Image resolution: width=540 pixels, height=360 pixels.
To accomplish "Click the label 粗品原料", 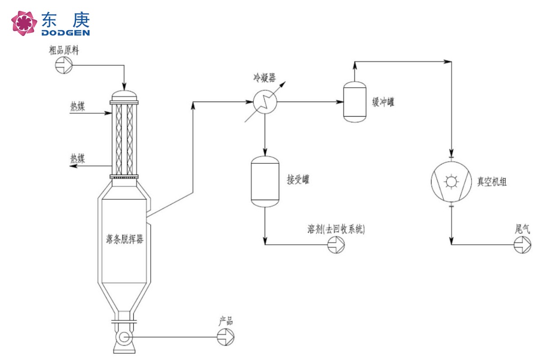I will click(x=64, y=50).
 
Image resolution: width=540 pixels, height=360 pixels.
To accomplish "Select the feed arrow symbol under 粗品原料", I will click(x=63, y=65).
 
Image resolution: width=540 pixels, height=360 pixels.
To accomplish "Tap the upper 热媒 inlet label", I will click(x=78, y=107).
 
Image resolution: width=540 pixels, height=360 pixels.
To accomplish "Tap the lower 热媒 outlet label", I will click(x=78, y=158).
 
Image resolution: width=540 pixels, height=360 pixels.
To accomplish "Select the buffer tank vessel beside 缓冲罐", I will click(x=354, y=102).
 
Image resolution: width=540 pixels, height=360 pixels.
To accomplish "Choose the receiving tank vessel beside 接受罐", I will click(x=264, y=181).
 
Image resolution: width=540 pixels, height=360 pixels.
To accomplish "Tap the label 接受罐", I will click(x=298, y=180).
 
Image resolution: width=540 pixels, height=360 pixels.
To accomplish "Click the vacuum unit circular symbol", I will click(x=451, y=182).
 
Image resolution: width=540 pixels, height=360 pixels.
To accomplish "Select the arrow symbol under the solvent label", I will click(x=337, y=245).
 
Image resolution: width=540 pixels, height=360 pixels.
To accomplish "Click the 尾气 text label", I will click(x=522, y=229).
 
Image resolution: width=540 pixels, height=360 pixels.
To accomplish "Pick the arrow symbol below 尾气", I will click(x=522, y=245).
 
